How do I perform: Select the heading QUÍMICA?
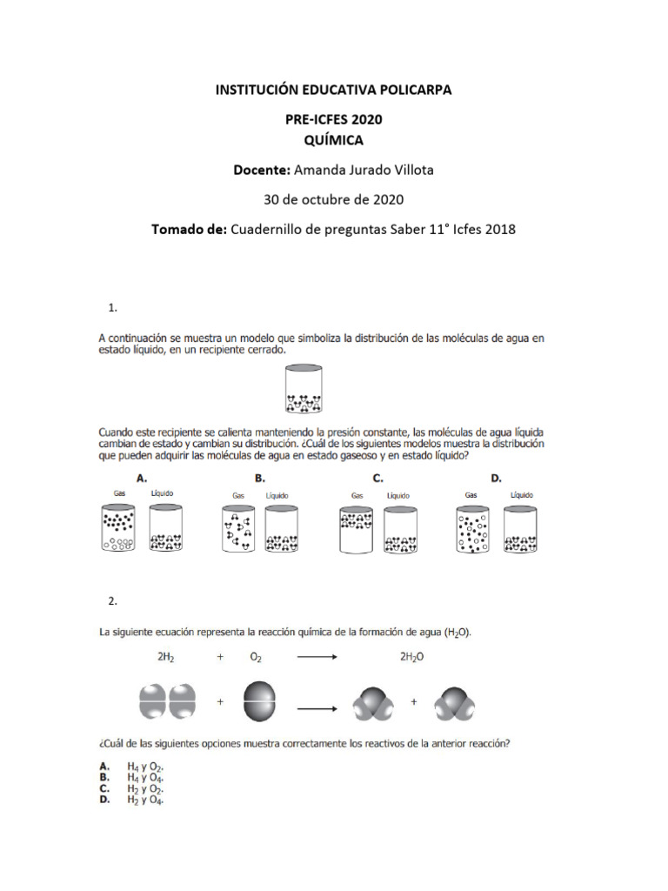pos(333,140)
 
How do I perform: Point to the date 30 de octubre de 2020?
pos(333,199)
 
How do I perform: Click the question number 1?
pos(111,307)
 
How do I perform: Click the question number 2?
pos(111,601)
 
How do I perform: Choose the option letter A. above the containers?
pos(142,478)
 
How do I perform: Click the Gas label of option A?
pos(120,493)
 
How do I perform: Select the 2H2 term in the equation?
pos(166,659)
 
